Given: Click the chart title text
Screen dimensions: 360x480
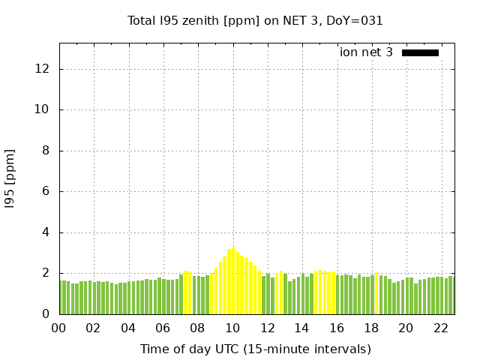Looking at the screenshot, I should click(x=255, y=21).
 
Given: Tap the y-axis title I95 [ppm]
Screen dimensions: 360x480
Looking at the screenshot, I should click(x=10, y=178).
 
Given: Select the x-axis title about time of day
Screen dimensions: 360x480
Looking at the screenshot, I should click(x=255, y=349).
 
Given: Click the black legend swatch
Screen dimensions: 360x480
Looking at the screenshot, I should click(x=420, y=52).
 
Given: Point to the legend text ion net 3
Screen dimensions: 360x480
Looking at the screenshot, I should click(x=366, y=52).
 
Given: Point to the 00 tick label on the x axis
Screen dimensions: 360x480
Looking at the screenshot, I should click(x=59, y=328).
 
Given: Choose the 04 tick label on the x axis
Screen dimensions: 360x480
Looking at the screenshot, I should click(x=128, y=328).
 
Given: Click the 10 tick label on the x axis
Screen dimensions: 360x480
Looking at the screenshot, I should click(x=232, y=328).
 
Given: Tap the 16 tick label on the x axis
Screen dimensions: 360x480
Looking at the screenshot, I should click(x=337, y=328).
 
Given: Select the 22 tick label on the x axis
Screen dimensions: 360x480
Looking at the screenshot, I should click(x=441, y=328).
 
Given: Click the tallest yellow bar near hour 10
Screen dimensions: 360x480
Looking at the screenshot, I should click(x=233, y=281).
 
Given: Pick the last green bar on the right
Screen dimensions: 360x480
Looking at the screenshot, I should click(x=451, y=295).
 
